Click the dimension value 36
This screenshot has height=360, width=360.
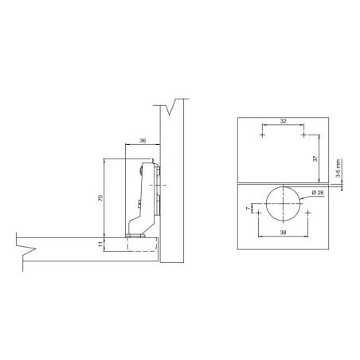click(x=143, y=141)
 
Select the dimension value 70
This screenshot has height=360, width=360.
click(x=100, y=198)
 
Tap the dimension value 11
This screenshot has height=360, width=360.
click(x=100, y=245)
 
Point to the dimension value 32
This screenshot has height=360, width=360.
click(x=284, y=121)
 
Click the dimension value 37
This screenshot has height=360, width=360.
click(x=315, y=158)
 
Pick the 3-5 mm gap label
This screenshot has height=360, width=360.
click(x=338, y=168)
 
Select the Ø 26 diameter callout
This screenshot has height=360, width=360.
click(x=318, y=192)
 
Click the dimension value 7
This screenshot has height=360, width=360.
click(x=248, y=209)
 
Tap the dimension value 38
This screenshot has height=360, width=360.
click(x=284, y=233)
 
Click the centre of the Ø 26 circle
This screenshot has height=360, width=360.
click(x=284, y=204)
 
